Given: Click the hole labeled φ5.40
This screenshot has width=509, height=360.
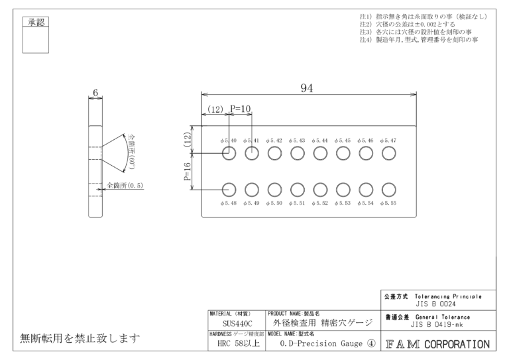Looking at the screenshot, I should (228, 154).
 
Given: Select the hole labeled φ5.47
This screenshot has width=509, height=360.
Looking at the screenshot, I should (389, 154).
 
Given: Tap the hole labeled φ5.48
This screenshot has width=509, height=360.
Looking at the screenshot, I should (228, 190).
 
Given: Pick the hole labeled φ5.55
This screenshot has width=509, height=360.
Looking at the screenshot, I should (389, 190).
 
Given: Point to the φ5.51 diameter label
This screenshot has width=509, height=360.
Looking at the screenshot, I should (297, 203).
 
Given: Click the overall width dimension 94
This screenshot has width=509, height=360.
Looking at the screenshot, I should (307, 90).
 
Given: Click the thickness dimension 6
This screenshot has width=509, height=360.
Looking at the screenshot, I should (96, 94).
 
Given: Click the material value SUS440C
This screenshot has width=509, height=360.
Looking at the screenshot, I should (235, 323).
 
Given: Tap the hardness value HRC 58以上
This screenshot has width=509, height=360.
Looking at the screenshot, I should (235, 345).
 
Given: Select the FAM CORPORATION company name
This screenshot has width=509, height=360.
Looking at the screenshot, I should (435, 344).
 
